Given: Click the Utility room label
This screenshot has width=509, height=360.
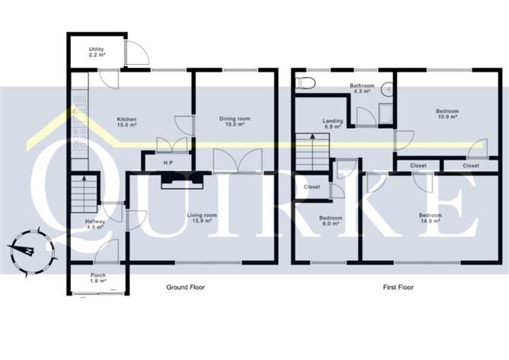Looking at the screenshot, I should click(x=96, y=53).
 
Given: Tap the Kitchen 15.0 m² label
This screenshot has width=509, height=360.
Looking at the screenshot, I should click(x=127, y=123).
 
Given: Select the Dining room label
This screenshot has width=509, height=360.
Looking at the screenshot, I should click(x=235, y=122).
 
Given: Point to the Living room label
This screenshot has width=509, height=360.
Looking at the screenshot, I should click(x=203, y=218).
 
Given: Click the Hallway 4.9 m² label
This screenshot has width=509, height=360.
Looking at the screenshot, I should click(x=84, y=224).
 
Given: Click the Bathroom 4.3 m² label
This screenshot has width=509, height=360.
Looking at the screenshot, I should click(x=361, y=89).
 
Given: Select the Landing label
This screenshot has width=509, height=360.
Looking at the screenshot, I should click(x=333, y=123).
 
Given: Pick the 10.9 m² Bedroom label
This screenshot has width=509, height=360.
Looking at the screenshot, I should click(x=446, y=113).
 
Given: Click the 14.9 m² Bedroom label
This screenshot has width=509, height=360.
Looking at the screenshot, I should click(x=431, y=218).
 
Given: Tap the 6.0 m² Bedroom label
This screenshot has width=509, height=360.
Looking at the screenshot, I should click(x=331, y=221).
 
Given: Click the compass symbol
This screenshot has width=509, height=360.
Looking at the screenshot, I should click(x=27, y=249).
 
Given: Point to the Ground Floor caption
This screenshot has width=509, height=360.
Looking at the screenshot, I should click(x=186, y=288).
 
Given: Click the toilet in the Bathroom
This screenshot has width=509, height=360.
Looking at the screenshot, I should click(x=305, y=82).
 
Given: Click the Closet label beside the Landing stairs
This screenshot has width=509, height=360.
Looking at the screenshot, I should click(x=312, y=187).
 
